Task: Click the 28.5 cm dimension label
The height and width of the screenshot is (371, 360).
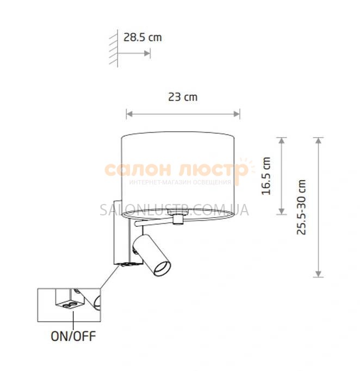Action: click(142, 38)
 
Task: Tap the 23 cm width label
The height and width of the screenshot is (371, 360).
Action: click(183, 97)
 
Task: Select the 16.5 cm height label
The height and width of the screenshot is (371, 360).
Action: click(266, 176)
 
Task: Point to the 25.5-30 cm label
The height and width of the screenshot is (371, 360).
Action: click(301, 207)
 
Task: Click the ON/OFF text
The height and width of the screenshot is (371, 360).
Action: click(73, 336)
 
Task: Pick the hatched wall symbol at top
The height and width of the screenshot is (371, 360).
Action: click(114, 48)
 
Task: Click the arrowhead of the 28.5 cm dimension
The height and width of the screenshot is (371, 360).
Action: click(147, 53)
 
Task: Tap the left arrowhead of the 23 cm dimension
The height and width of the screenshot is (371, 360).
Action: click(129, 114)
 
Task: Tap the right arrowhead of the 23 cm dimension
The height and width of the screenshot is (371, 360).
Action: click(237, 114)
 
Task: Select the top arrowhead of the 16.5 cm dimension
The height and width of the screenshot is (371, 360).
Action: click(281, 141)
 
